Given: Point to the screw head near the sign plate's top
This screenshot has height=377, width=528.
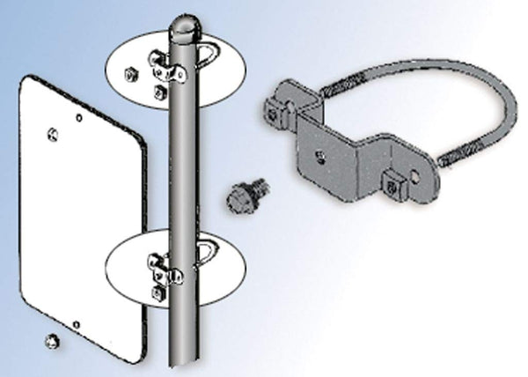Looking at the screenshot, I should pyautogui.click(x=55, y=134).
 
